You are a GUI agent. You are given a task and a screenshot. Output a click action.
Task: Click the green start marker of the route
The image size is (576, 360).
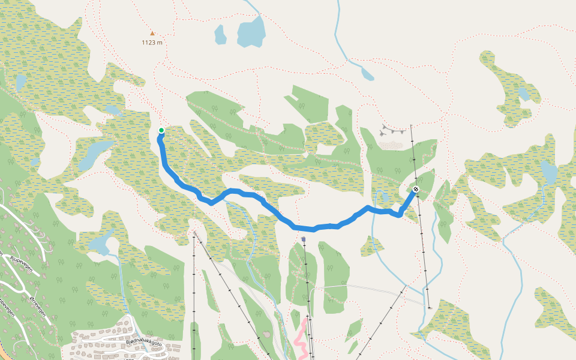tap(161, 130)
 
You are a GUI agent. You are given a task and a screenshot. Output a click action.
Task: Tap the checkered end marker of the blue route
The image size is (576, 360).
tap(416, 190)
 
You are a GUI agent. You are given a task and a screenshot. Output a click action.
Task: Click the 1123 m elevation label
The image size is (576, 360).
tap(152, 43)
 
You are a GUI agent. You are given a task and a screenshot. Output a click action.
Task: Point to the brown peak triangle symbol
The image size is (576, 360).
tap(152, 34)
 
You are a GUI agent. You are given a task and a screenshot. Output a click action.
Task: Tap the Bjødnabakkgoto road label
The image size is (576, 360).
tap(148, 343)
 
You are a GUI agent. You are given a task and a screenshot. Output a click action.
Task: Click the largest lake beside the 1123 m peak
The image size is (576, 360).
tap(251, 31)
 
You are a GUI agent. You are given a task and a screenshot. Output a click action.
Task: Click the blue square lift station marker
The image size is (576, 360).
tap(304, 239)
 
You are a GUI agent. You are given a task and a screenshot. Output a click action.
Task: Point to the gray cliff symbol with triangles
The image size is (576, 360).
tap(392, 130)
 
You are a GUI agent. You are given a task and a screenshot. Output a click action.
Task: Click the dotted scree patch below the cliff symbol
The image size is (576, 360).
tap(391, 145)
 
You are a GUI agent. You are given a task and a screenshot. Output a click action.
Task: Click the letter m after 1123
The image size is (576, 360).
tap(160, 43)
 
